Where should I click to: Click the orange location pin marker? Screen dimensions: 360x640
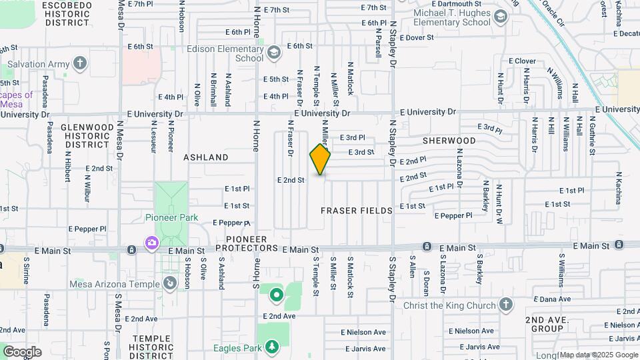[320, 159]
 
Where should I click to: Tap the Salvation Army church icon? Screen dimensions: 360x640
[80, 64]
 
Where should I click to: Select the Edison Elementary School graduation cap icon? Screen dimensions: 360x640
[273, 53]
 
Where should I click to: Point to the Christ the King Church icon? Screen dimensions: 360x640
[505, 305]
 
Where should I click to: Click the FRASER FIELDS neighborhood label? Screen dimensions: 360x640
[357, 210]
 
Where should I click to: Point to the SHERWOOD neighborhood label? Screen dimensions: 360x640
[449, 141]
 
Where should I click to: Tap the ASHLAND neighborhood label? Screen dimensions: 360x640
[206, 157]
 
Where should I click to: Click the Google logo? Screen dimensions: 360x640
[22, 351]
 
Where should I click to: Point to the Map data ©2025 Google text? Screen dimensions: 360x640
[598, 355]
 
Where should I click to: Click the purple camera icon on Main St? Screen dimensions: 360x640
[152, 243]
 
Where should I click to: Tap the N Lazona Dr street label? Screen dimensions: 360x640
[459, 166]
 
